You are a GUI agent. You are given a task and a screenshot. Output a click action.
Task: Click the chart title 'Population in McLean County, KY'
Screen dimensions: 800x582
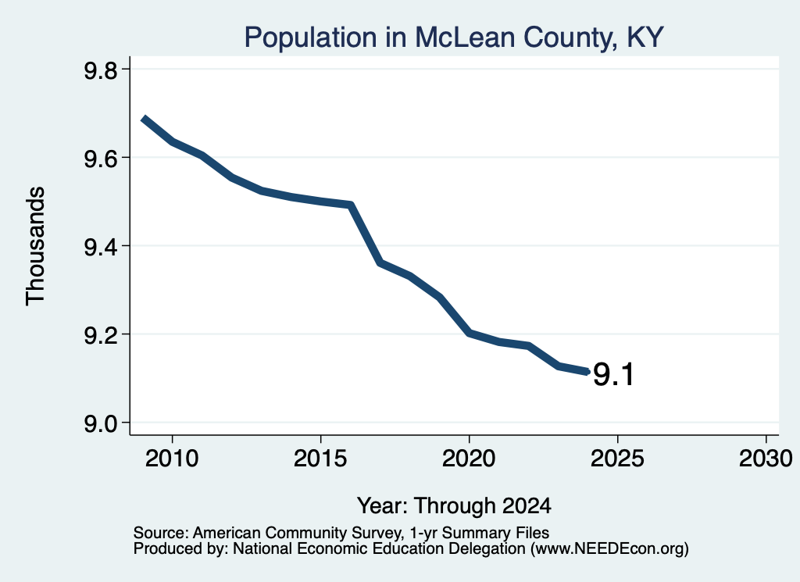454,37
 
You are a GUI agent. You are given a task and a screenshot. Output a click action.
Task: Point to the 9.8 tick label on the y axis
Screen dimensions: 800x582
101,70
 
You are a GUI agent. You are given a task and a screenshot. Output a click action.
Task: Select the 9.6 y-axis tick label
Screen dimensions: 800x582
101,159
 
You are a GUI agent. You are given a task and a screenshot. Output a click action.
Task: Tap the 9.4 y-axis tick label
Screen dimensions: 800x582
101,247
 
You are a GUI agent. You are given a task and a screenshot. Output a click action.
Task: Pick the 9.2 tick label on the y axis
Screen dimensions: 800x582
101,335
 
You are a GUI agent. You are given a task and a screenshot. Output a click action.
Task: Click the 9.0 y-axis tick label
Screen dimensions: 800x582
101,423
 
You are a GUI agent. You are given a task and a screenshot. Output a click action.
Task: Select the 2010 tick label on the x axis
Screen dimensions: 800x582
172,458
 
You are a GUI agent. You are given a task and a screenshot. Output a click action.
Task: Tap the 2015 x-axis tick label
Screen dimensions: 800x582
320,458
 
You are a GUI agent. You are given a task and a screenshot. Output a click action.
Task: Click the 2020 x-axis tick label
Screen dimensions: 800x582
469,458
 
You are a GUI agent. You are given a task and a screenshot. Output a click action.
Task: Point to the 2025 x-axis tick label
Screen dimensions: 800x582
617,458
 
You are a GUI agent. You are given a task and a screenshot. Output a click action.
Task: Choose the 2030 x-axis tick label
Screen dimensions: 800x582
766,458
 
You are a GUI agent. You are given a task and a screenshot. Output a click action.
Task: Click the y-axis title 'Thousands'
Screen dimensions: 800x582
35,246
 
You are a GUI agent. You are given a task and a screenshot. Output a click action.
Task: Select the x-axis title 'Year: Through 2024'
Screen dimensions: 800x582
454,505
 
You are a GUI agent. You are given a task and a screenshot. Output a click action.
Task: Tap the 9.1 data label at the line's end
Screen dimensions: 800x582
613,374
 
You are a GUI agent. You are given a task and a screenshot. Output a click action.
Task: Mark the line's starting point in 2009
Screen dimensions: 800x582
145,120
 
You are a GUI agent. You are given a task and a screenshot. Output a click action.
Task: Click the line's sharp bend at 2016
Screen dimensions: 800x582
351,205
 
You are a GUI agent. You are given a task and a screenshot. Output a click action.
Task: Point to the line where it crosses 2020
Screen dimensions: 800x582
469,333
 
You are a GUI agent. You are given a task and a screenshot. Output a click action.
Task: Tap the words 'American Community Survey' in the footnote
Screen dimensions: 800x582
296,533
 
